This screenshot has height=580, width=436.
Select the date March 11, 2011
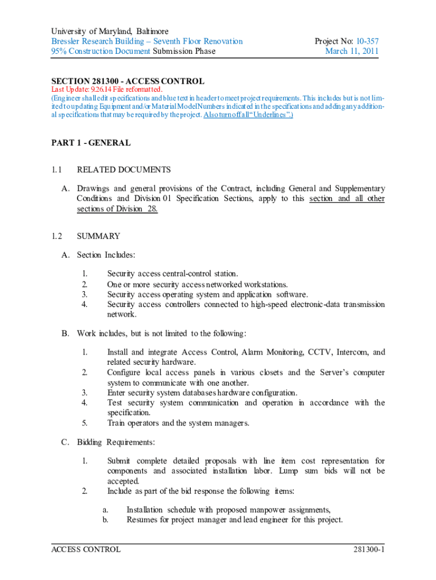coord(352,51)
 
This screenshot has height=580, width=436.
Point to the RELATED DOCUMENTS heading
coord(123,169)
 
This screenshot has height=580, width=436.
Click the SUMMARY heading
coord(98,236)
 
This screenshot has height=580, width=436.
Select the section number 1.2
coord(56,236)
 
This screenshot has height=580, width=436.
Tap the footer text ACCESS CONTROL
coord(86,549)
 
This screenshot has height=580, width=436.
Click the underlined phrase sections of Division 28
coord(117,209)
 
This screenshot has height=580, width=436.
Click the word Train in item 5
coord(117,423)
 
